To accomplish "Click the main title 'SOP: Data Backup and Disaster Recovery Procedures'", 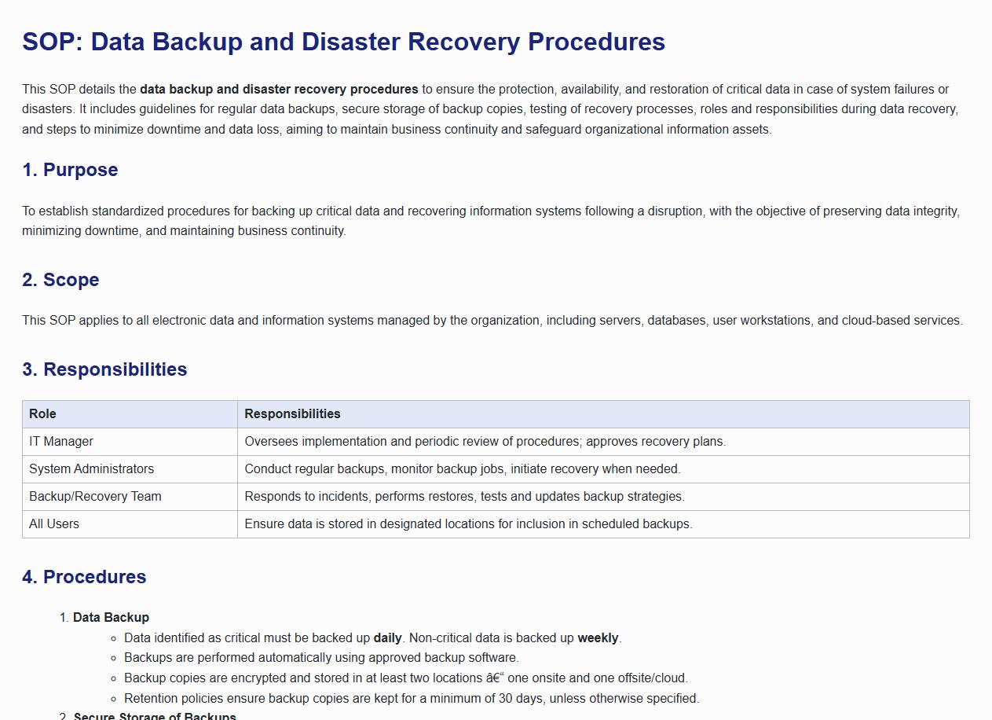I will [343, 42].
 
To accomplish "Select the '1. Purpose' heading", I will [70, 170].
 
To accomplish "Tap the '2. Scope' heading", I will [60, 280].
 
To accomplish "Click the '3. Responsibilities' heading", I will [104, 369].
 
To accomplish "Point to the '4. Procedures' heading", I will [84, 577].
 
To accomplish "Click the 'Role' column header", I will [42, 414].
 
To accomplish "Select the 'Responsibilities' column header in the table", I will [292, 414].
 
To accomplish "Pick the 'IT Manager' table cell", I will [61, 442].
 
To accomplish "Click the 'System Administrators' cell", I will [91, 469].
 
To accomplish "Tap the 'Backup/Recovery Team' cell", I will [95, 497].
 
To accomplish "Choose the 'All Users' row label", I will [54, 524].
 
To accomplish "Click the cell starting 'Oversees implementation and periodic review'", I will [485, 442].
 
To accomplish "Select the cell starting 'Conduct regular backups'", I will [462, 469].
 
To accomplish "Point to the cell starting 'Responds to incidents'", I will [464, 497].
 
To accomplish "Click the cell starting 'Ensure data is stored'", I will [468, 524].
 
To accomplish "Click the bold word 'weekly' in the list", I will [598, 638].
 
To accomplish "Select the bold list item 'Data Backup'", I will [111, 618].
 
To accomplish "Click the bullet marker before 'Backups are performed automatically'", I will [114, 658].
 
